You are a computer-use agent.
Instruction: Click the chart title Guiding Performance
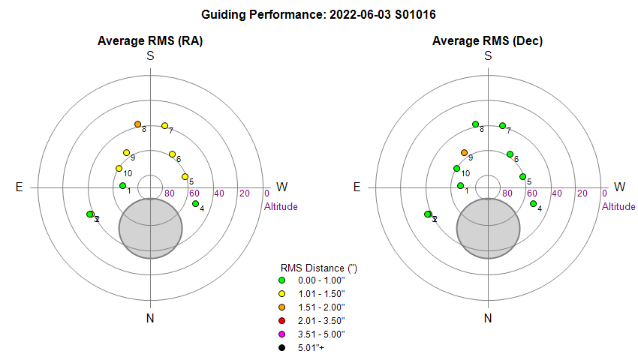pyautogui.click(x=319, y=14)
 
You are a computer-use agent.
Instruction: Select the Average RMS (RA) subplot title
pyautogui.click(x=150, y=41)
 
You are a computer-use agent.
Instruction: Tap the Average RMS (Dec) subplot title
pyautogui.click(x=487, y=41)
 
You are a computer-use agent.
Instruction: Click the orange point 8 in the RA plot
pyautogui.click(x=137, y=124)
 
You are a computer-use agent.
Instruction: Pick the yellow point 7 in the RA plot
pyautogui.click(x=164, y=125)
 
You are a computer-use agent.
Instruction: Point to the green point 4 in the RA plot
pyautogui.click(x=195, y=203)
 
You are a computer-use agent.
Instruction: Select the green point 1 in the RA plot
pyautogui.click(x=122, y=185)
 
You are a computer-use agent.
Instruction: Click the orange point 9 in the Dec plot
pyautogui.click(x=464, y=152)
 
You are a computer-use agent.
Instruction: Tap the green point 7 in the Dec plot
pyautogui.click(x=502, y=125)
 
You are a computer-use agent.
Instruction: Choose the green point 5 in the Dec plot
pyautogui.click(x=522, y=177)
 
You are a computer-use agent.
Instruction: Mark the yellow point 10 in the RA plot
pyautogui.click(x=119, y=168)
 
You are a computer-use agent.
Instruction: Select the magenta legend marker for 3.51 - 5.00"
pyautogui.click(x=281, y=334)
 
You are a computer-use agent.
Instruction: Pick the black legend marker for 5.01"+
pyautogui.click(x=281, y=347)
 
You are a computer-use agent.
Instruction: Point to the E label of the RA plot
pyautogui.click(x=20, y=187)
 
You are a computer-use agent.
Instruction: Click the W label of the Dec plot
pyautogui.click(x=619, y=187)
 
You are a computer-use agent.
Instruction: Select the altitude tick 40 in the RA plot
pyautogui.click(x=219, y=193)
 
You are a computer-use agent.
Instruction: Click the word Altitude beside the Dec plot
pyautogui.click(x=618, y=206)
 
